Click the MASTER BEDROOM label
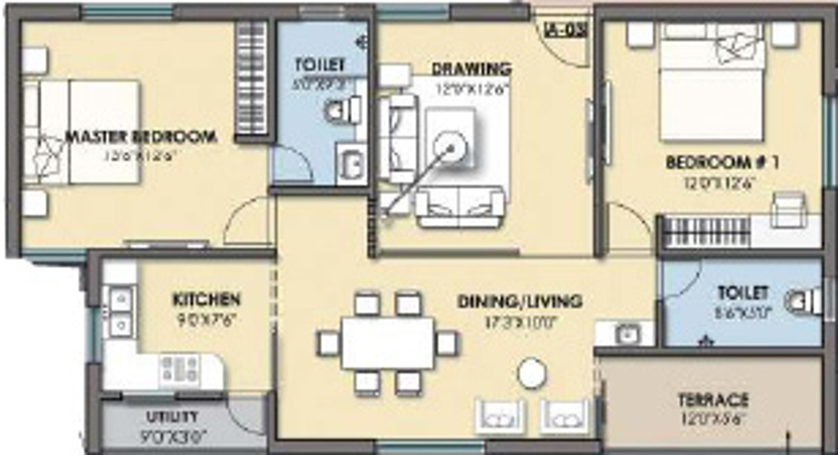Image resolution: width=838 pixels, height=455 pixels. [x=141, y=136]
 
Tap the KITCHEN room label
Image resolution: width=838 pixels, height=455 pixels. [x=206, y=299]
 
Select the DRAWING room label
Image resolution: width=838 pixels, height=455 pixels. [x=471, y=68]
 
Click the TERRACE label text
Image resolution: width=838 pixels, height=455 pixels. [x=713, y=400]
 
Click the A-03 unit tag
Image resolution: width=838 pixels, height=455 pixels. [x=564, y=28]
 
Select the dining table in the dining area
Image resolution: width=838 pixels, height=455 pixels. [x=387, y=343]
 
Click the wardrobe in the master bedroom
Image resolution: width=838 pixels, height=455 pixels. [x=252, y=79]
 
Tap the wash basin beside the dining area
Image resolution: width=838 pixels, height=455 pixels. [x=626, y=333]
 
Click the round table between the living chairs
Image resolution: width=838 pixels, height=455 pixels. [x=531, y=371]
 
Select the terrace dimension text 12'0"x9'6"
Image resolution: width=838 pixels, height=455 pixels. [x=713, y=420]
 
